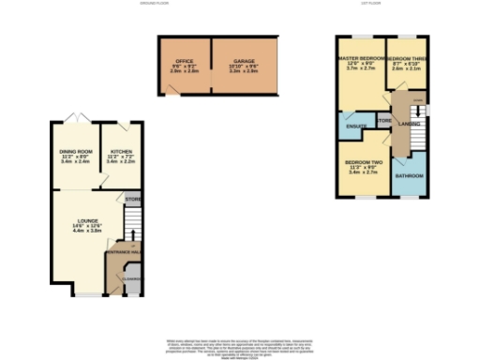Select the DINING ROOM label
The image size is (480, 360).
[76, 151]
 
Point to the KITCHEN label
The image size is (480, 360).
[122, 151]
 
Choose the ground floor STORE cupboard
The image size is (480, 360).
[132, 200]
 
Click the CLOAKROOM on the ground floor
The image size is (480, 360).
[133, 278]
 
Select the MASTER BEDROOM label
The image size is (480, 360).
[361, 59]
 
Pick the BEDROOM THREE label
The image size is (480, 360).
[408, 59]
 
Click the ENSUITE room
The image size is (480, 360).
[355, 126]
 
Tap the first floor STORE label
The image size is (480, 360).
[383, 120]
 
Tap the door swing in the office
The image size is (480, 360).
[171, 90]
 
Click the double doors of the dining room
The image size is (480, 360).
[76, 117]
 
